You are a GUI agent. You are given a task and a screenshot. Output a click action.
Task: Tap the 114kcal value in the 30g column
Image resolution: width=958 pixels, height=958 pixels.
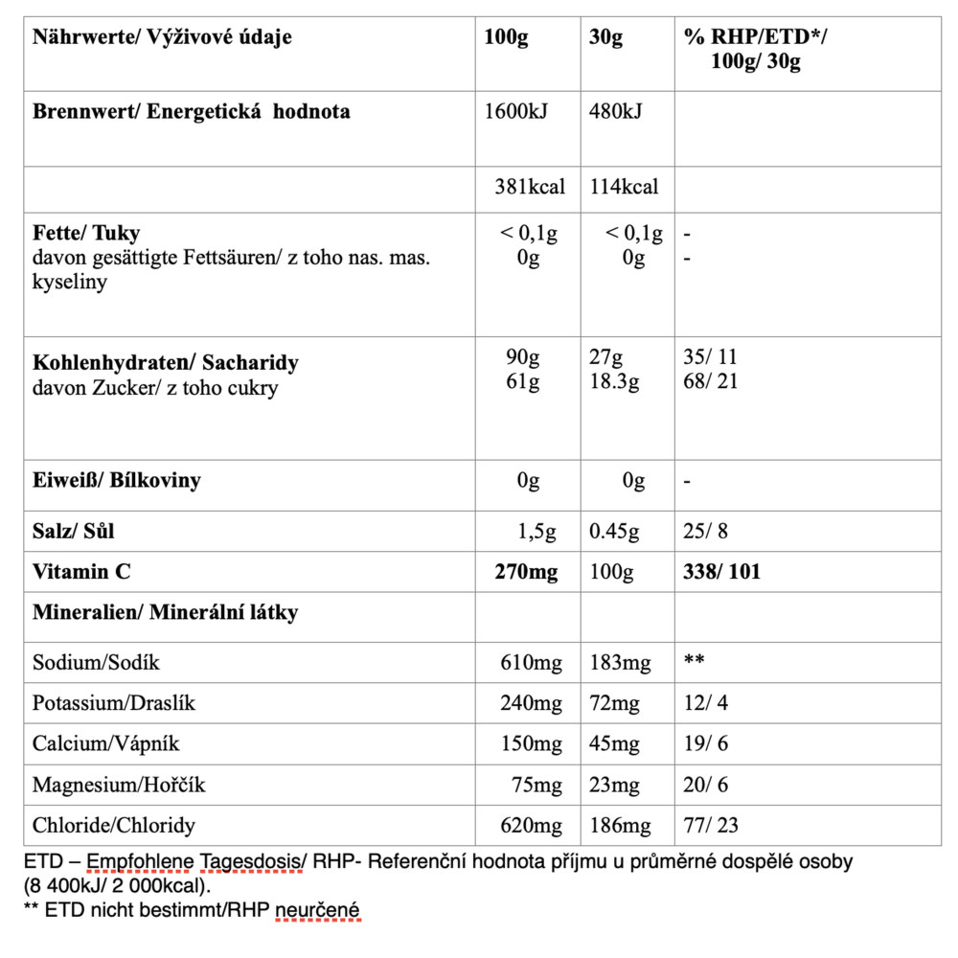click(x=625, y=187)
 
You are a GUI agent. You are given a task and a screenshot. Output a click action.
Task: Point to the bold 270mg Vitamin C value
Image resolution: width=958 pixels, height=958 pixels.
click(x=526, y=572)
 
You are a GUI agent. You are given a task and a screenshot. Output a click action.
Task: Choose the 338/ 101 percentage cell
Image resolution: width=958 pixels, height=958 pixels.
click(x=722, y=572)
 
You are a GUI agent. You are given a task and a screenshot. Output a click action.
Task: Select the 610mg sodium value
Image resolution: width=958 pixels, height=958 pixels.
click(x=532, y=662)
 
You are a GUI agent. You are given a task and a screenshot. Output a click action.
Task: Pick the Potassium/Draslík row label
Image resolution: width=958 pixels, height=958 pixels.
click(x=114, y=703)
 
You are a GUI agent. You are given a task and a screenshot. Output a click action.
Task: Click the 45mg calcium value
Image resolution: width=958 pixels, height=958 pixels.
click(x=614, y=743)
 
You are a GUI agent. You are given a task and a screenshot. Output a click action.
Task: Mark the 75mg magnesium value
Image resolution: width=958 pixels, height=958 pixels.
click(x=537, y=785)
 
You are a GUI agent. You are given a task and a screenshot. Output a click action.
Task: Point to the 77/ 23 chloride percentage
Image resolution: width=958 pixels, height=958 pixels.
click(x=712, y=825)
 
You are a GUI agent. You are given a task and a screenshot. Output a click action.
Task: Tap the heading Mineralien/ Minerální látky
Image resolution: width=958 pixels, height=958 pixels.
click(x=165, y=612)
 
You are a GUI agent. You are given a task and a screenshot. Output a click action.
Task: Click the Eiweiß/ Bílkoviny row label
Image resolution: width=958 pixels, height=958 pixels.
click(x=117, y=480)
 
